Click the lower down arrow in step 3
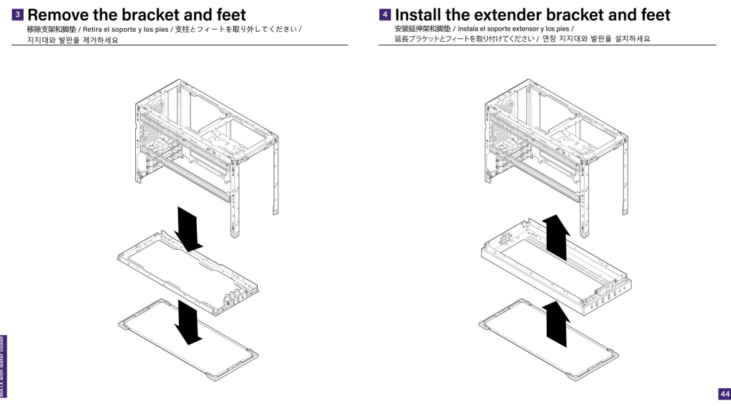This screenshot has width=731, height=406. coord(187,322)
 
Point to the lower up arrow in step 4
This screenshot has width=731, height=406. coord(556,322)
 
